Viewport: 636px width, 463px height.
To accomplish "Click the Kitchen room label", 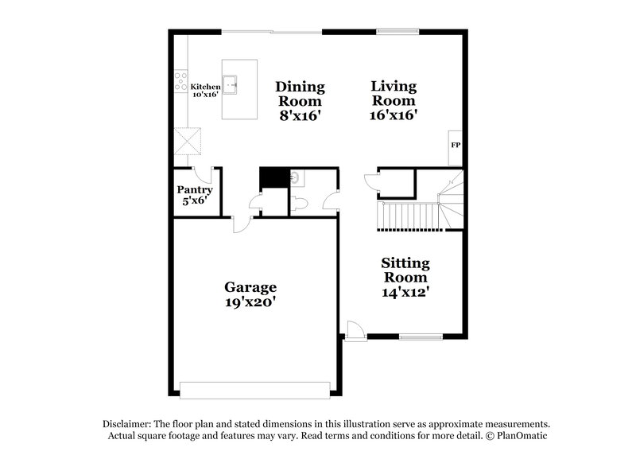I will tap(205, 86).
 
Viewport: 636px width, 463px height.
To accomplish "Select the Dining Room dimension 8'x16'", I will tap(299, 114).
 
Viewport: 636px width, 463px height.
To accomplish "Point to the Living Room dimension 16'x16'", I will tap(394, 114).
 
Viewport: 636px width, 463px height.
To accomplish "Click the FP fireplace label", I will tap(456, 146).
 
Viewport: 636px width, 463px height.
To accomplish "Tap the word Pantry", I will tap(194, 190).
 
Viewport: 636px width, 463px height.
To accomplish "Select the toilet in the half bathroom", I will tap(300, 204).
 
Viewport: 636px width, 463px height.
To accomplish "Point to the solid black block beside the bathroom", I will tap(272, 177).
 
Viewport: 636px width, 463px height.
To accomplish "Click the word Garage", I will tap(250, 287).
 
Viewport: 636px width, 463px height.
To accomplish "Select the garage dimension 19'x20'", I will tap(250, 302).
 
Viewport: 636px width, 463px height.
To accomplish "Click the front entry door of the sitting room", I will tap(355, 329).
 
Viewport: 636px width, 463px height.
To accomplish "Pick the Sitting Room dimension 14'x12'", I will tap(405, 291).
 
